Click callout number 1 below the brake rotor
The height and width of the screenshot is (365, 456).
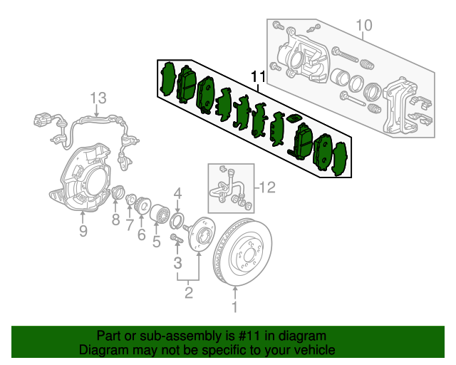click(234, 307)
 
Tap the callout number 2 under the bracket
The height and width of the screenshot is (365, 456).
click(189, 292)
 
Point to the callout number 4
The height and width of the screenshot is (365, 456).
click(178, 192)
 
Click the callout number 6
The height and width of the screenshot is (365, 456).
click(141, 235)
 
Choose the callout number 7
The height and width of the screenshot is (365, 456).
click(130, 226)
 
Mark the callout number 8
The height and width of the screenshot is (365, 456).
click(115, 220)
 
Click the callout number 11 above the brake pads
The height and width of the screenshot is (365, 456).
click(257, 76)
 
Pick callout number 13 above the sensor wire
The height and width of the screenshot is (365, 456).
click(98, 98)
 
